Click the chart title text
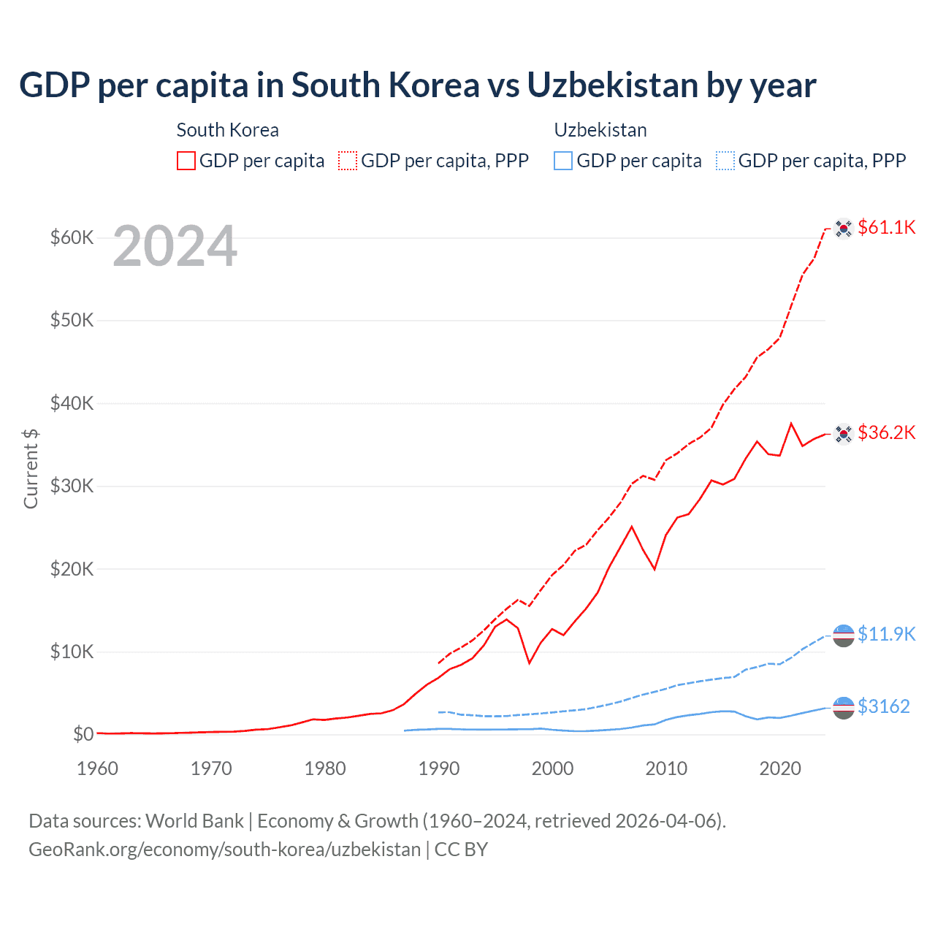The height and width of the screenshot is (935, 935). click(417, 85)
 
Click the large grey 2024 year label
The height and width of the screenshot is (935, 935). click(175, 246)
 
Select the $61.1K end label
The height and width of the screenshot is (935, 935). click(886, 227)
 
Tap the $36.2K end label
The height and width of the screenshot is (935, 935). click(886, 432)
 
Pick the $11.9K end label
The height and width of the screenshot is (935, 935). click(886, 633)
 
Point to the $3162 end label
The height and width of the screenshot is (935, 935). click(883, 706)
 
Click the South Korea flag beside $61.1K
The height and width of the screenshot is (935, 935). click(844, 229)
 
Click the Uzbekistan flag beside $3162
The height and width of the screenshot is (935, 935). click(844, 708)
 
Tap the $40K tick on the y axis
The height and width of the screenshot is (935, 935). click(72, 403)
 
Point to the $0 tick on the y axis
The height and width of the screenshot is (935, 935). click(83, 734)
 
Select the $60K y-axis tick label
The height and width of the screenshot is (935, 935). click(72, 237)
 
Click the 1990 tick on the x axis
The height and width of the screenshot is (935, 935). click(439, 768)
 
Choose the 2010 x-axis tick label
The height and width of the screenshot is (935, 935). click(666, 768)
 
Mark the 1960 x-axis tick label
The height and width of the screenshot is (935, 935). click(97, 768)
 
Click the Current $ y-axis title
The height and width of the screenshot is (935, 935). click(31, 468)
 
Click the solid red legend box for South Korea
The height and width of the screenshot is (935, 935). click(186, 161)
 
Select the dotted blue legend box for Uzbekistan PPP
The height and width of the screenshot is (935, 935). click(725, 161)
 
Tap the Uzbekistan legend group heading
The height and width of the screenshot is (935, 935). click(600, 130)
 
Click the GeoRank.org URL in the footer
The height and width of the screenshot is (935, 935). click(224, 850)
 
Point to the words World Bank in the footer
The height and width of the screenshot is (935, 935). click(194, 821)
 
